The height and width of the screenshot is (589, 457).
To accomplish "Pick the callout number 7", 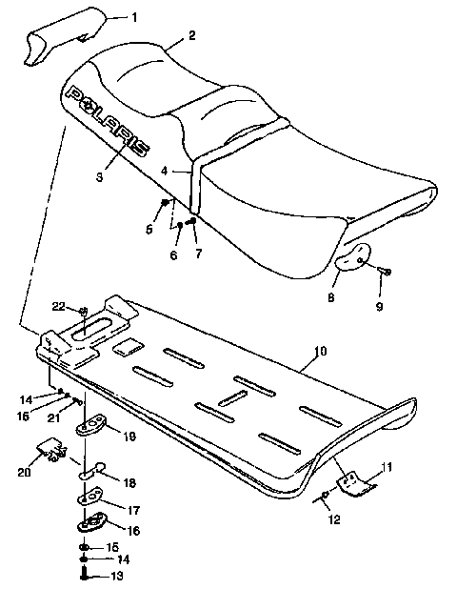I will point(198,255).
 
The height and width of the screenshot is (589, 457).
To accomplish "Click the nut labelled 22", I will point(85,311).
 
